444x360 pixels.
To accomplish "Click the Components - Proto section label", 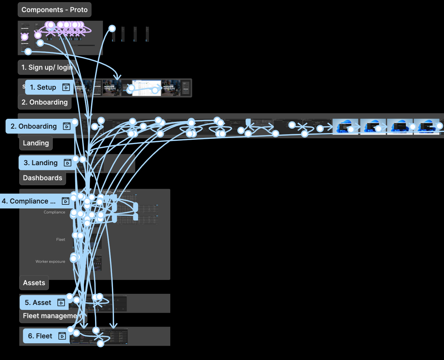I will pos(54,10).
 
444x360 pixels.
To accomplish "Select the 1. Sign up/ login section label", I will pos(46,67).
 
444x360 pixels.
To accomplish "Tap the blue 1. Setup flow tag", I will pos(43,88).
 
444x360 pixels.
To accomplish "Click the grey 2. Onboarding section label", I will pos(45,102).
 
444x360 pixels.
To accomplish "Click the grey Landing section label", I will pos(36,143).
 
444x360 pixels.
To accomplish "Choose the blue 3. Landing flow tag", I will pos(41,163).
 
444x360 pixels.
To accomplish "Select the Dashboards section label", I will pos(42,178).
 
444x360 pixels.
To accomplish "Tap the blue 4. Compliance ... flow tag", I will pos(28,201).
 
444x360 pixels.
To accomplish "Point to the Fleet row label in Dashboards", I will pos(61,240).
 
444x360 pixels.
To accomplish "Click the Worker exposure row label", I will pos(50,262).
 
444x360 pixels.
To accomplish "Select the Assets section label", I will pos(34,283).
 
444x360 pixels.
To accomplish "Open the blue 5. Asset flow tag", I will pos(38,303).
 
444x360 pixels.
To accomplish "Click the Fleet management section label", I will pos(50,316).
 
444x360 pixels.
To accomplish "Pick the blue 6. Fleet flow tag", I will pos(40,336).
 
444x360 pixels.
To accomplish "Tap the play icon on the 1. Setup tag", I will pos(66,88).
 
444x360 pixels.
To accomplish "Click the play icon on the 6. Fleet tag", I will pos(62,336).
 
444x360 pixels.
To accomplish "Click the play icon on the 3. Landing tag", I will pos(67,163).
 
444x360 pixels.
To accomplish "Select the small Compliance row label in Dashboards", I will pos(54,212).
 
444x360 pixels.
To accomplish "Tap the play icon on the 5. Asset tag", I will pos(61,303).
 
